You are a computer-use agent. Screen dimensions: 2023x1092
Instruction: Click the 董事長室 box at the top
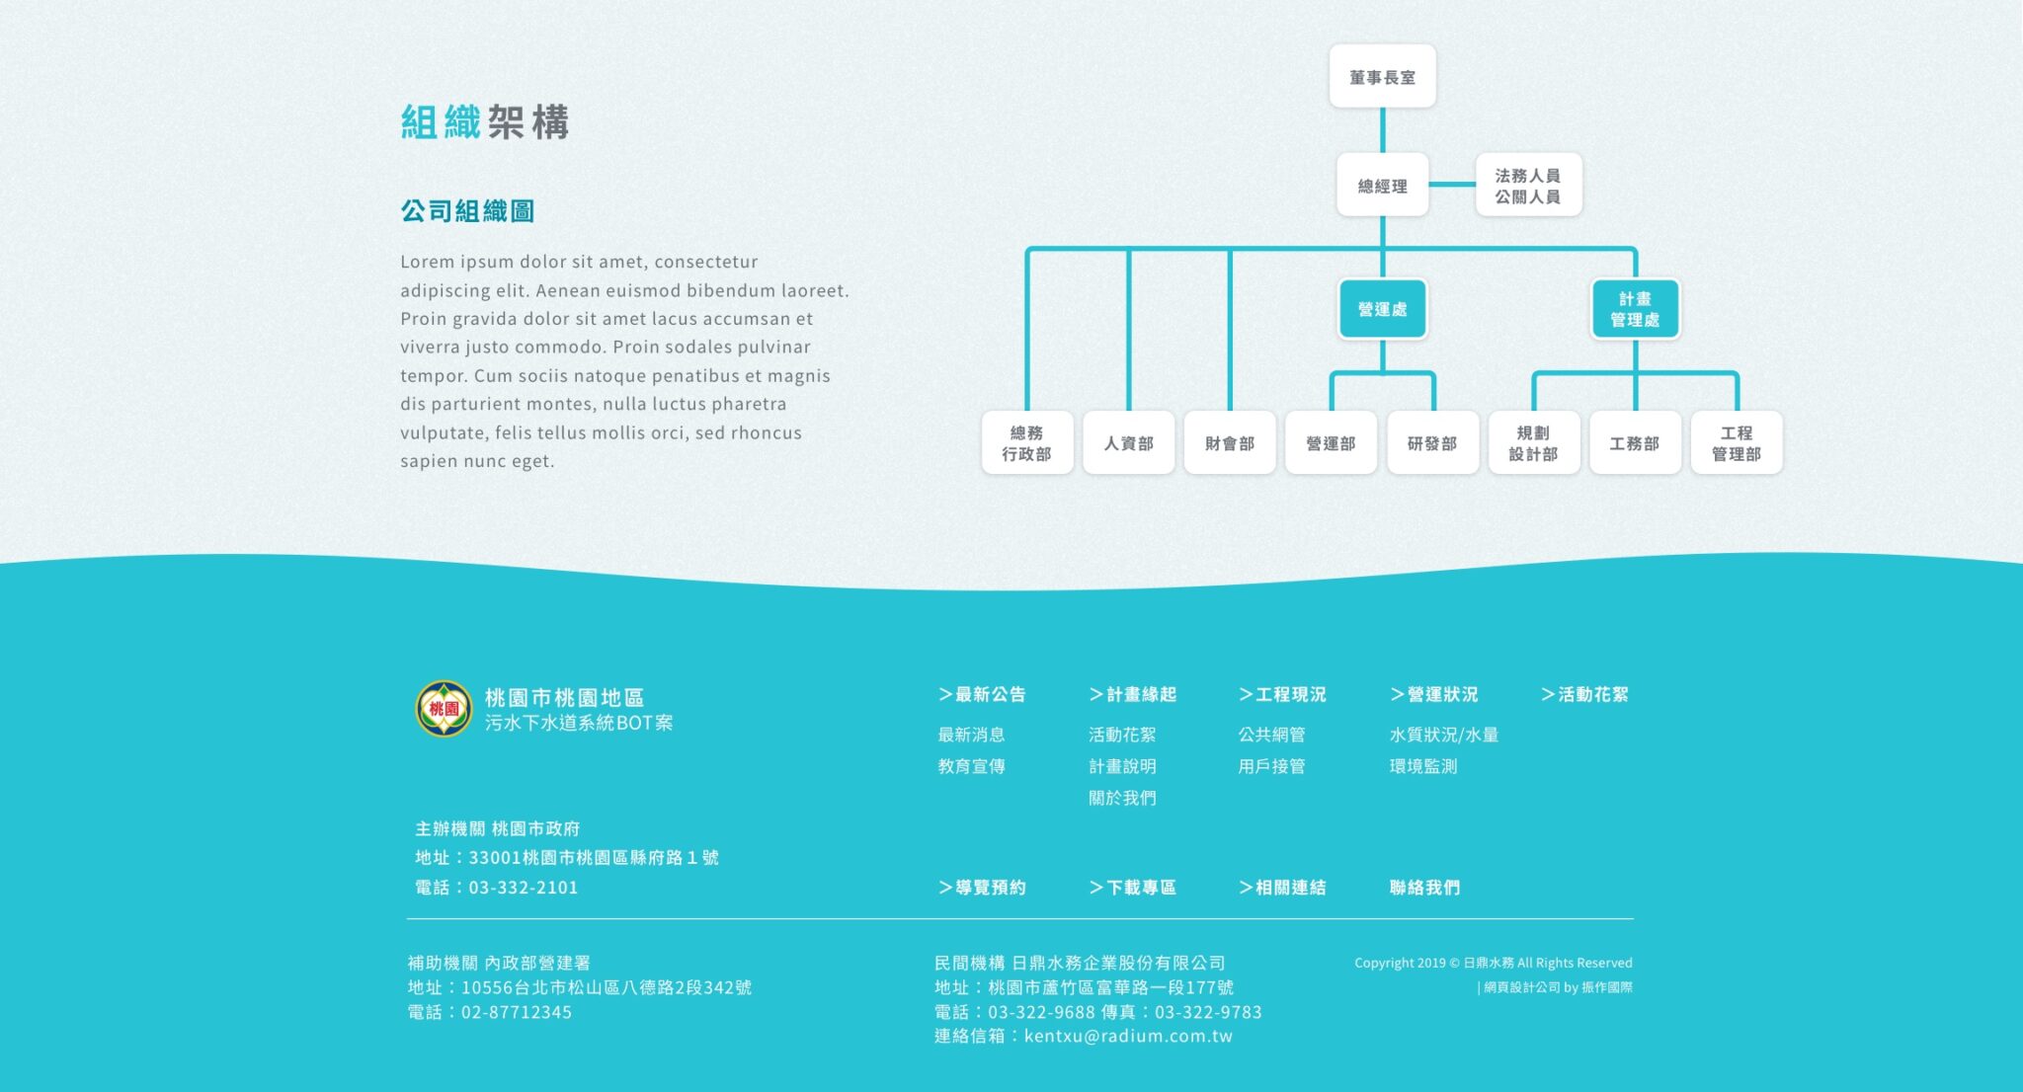point(1382,76)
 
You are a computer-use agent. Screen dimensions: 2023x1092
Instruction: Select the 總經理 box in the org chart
point(1382,185)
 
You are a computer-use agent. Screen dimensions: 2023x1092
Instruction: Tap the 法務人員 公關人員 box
point(1528,185)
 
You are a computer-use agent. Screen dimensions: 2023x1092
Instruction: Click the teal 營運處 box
point(1382,309)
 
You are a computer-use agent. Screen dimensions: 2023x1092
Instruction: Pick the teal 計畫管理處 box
point(1635,309)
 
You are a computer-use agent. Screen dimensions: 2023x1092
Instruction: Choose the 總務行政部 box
point(1027,442)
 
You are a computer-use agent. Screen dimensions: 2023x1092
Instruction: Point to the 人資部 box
point(1128,442)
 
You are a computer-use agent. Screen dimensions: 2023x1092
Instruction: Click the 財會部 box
point(1230,442)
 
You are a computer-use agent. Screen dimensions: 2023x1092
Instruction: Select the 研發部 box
point(1432,442)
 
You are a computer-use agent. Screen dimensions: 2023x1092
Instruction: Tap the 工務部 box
point(1635,442)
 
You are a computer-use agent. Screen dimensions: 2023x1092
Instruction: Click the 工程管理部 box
point(1737,442)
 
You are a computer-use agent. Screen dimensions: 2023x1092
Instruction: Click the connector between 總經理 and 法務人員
point(1452,184)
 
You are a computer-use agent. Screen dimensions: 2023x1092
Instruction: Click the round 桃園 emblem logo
point(444,708)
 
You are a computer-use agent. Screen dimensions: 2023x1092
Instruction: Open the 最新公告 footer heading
point(982,694)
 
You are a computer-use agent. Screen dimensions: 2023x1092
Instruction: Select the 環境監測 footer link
point(1423,766)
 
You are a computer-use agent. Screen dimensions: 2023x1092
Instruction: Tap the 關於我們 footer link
point(1122,798)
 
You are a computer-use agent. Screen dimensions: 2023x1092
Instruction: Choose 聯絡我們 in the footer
point(1424,888)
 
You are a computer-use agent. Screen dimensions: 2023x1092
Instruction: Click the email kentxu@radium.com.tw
point(1128,1036)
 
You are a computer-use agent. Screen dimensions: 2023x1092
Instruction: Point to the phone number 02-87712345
point(517,1012)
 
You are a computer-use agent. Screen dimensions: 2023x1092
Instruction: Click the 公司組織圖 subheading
point(467,210)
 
